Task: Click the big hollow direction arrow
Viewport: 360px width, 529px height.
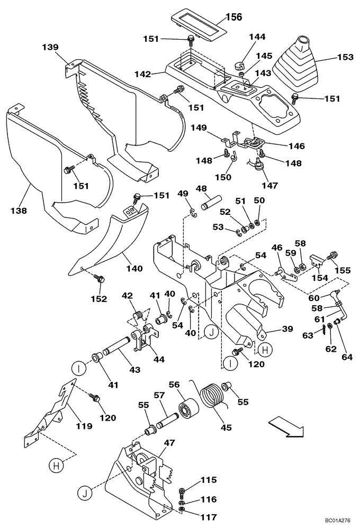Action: (285, 426)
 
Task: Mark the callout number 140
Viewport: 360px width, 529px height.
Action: (134, 268)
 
